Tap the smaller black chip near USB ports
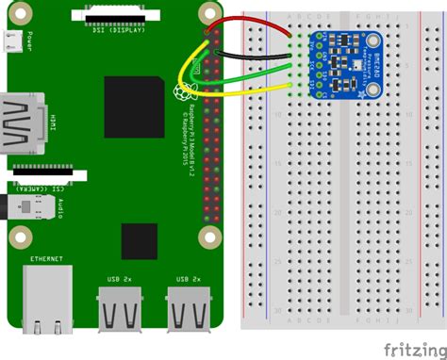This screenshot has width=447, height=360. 139,240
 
